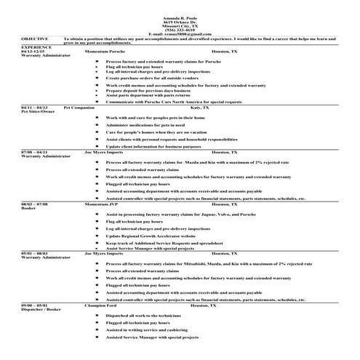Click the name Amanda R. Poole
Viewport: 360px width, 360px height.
tap(178, 15)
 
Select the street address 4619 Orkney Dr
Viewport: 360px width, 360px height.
tap(178, 20)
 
